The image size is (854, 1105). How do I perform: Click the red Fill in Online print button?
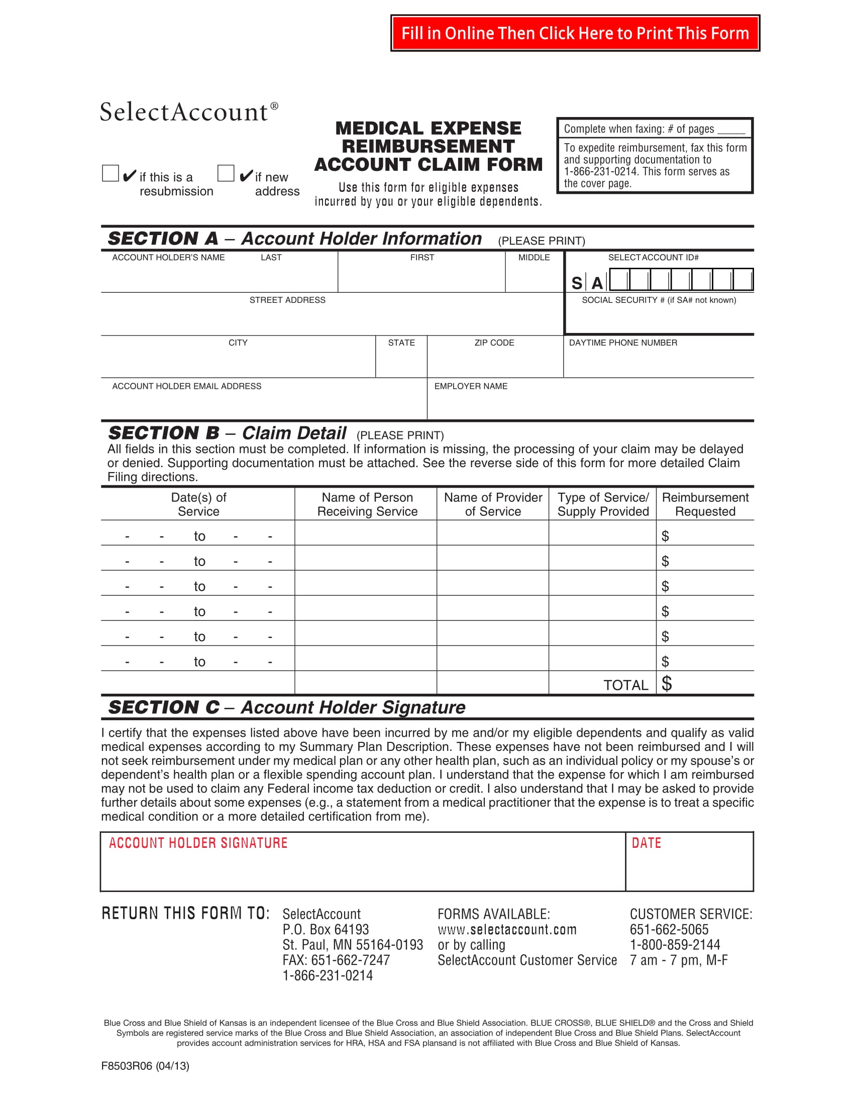point(575,33)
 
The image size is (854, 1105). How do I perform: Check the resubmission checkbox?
point(111,173)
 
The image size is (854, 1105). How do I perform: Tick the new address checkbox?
point(226,173)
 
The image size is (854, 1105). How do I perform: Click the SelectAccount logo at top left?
point(189,112)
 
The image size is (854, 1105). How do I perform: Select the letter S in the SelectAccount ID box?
point(577,283)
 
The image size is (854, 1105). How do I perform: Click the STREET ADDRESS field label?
point(287,300)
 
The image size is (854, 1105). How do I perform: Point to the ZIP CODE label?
point(494,343)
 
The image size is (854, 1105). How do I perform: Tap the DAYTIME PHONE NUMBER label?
point(623,343)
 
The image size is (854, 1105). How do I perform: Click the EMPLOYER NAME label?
point(471,386)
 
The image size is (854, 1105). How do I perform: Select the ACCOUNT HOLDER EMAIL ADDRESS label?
point(187,386)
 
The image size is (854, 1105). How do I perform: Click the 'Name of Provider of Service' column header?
point(493,504)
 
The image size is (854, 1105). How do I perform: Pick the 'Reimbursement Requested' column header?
point(705,504)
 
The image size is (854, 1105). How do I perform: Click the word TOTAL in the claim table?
point(625,685)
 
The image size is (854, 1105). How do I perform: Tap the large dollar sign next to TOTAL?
point(667,684)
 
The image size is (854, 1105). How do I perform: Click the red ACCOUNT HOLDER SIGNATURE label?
point(198,843)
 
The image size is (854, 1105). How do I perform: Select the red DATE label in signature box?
point(646,843)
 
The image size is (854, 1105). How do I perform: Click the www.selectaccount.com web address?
point(507,929)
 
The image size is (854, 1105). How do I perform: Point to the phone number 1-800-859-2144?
point(674,945)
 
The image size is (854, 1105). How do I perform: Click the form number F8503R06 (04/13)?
point(145,1066)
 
